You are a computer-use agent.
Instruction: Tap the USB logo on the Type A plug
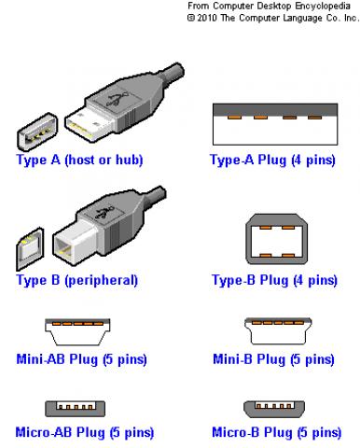[x=117, y=99]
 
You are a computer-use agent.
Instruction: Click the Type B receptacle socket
[x=30, y=248]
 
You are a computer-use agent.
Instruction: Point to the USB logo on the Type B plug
[x=104, y=212]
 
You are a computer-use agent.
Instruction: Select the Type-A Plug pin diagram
[x=275, y=124]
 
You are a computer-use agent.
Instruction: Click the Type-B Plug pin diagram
[x=276, y=239]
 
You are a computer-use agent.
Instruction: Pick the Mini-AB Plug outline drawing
[x=77, y=331]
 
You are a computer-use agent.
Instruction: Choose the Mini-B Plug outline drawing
[x=278, y=331]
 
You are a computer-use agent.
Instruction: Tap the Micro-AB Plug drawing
[x=76, y=409]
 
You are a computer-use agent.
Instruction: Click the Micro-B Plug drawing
[x=274, y=409]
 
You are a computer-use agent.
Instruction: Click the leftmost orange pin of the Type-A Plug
[x=234, y=118]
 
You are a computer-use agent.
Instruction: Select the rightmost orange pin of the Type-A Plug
[x=314, y=118]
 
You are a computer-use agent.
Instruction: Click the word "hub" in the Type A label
[x=127, y=160]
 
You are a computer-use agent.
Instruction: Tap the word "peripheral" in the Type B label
[x=101, y=281]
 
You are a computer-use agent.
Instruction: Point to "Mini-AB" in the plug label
[x=41, y=358]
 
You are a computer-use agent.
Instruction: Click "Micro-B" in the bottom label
[x=236, y=432]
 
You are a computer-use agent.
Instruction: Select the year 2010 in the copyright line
[x=207, y=18]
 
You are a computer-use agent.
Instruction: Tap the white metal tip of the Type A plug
[x=89, y=124]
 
